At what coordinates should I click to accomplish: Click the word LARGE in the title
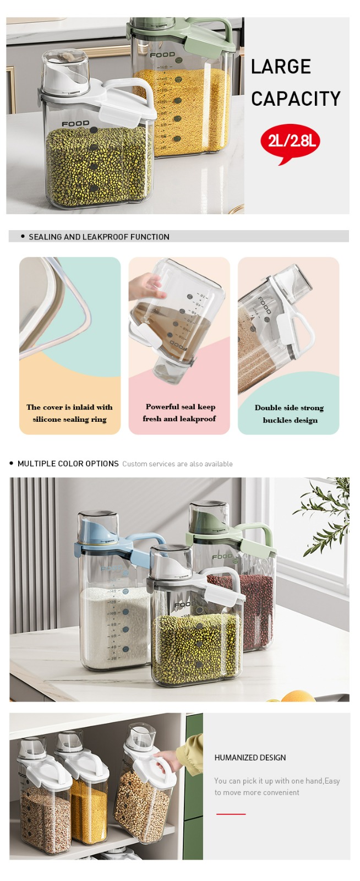point(281,67)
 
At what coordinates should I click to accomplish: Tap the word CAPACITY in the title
point(296,99)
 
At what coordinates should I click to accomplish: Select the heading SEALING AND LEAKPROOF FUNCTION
point(99,237)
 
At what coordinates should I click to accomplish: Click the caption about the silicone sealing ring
point(69,413)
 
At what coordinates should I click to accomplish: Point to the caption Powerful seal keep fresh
point(179,412)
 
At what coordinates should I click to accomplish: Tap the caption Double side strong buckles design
point(290,414)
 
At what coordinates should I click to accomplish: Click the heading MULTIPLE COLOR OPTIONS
point(68,463)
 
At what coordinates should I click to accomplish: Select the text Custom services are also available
point(177,464)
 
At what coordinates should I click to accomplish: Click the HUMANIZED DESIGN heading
point(250,758)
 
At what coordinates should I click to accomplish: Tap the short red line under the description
point(231,814)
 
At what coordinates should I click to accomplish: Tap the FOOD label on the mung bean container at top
point(75,124)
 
